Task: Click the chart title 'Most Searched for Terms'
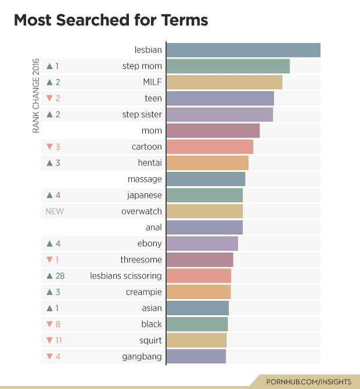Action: click(110, 20)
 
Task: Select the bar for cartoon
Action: click(210, 147)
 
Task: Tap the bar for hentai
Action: click(207, 163)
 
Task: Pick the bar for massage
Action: click(206, 179)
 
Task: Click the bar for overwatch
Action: click(204, 211)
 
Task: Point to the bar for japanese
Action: click(204, 195)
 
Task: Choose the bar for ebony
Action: click(202, 243)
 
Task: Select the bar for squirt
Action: click(196, 340)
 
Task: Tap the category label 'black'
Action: click(152, 324)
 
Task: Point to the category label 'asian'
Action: click(152, 308)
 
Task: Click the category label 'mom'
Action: click(152, 131)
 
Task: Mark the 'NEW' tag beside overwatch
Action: click(55, 211)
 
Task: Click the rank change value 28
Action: click(60, 276)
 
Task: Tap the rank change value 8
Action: click(58, 324)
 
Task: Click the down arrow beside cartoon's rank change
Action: click(49, 147)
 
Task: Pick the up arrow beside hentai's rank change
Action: click(49, 163)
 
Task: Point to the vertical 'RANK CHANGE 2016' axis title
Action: click(36, 96)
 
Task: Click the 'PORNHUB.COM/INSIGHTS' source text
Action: click(308, 381)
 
